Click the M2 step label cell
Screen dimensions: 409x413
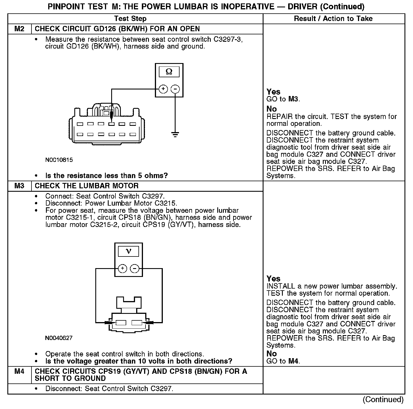tap(19, 29)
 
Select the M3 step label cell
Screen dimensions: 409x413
tap(19, 186)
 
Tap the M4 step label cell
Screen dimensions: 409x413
tap(19, 372)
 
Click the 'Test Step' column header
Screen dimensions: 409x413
tap(130, 19)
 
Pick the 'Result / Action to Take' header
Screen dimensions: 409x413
tap(333, 19)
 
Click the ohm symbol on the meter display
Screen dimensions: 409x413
tap(169, 72)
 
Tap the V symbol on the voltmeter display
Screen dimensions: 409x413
tap(128, 251)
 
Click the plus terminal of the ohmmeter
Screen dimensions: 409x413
tap(163, 89)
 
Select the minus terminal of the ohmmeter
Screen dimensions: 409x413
tap(175, 89)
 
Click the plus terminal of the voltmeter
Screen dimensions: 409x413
tap(122, 268)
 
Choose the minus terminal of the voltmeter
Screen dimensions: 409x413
tap(134, 268)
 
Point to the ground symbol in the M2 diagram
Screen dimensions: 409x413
tap(175, 134)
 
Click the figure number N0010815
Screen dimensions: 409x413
tap(59, 160)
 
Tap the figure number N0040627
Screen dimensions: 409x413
tap(59, 338)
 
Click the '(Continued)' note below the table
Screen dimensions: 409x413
tap(383, 399)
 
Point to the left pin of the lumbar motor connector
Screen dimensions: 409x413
tap(121, 323)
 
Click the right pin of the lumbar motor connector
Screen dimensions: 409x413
tap(137, 323)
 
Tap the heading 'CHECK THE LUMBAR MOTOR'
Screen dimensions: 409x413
tap(87, 186)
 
